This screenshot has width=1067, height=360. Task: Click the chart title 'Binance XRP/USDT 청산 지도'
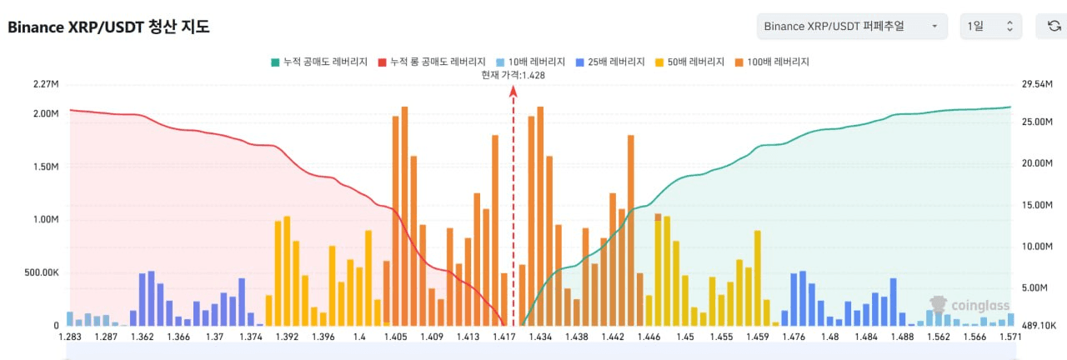click(x=108, y=27)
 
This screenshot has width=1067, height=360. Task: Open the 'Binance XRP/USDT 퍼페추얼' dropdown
click(x=852, y=27)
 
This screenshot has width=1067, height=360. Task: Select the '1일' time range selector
click(x=990, y=27)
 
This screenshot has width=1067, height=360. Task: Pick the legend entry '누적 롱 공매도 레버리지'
click(x=432, y=62)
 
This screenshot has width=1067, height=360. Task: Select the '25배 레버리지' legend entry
click(x=610, y=62)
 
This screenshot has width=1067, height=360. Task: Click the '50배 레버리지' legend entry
click(x=691, y=62)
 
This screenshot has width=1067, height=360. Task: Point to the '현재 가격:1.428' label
click(x=513, y=75)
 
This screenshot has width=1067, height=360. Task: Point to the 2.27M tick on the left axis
click(x=46, y=84)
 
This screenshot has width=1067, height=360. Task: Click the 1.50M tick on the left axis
click(x=46, y=167)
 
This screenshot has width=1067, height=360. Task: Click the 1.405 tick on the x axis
click(x=396, y=337)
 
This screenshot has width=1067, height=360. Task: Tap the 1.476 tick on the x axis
click(x=794, y=337)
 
